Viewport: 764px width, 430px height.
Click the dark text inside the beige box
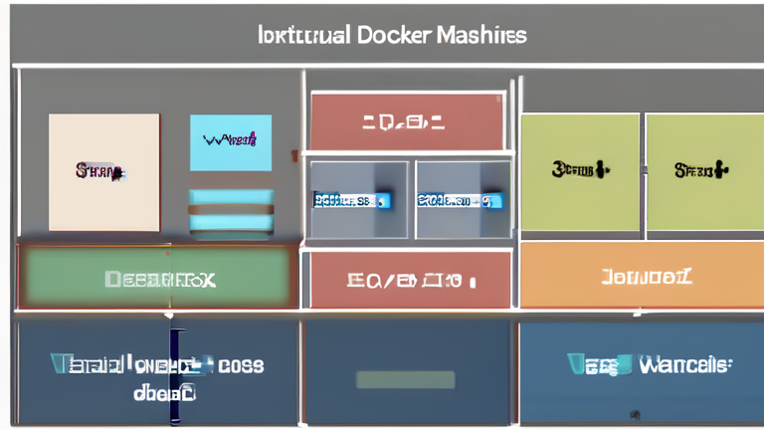click(99, 171)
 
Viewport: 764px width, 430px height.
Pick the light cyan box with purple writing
click(231, 142)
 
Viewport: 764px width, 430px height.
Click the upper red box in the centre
click(407, 122)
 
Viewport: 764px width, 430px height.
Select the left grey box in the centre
click(359, 199)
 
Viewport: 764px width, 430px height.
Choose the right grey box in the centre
click(462, 199)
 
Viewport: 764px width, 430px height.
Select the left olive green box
click(579, 171)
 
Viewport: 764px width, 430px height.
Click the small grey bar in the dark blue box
click(405, 379)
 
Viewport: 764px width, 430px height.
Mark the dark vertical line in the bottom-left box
click(173, 376)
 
